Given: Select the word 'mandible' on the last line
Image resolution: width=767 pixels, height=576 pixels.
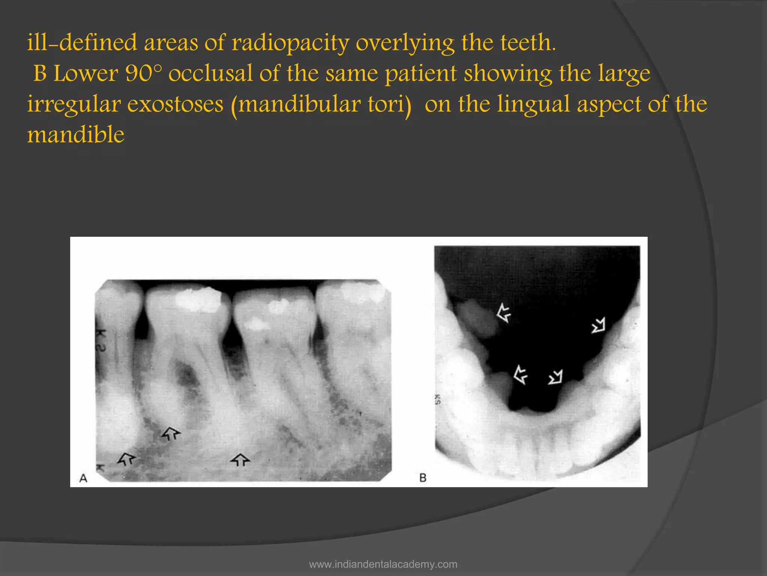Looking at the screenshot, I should (76, 135).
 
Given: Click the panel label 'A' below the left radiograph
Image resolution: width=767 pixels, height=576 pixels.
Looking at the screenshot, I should (83, 478).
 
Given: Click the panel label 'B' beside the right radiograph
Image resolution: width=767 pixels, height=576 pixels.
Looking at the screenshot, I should (423, 478).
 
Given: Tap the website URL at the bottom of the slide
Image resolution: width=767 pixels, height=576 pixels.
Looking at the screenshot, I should (383, 564).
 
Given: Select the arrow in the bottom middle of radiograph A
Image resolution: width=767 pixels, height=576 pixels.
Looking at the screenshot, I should (240, 460).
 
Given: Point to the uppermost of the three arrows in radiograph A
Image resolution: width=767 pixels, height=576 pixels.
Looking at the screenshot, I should (170, 433).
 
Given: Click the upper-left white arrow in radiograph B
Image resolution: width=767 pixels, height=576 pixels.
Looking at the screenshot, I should (503, 313).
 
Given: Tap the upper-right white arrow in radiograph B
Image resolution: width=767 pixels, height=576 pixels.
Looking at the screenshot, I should (598, 325).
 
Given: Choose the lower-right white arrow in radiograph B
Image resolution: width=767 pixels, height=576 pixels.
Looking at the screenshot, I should (555, 377).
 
